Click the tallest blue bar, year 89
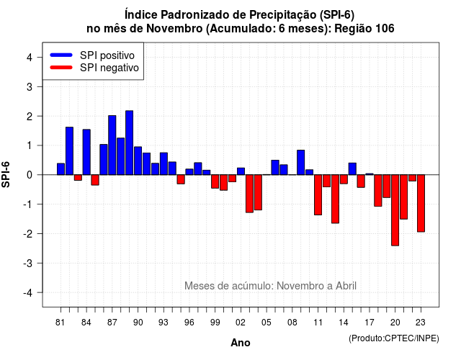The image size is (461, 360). point(130,143)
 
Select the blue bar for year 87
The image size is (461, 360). point(112,145)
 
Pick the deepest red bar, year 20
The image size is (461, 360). point(395,210)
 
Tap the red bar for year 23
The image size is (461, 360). point(421,203)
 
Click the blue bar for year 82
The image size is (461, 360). point(69,151)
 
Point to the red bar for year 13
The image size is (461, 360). point(335,199)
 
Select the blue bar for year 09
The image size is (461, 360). point(301,163)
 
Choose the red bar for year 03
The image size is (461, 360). point(249,194)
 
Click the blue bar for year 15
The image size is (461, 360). point(352,169)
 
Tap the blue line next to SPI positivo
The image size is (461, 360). point(61,55)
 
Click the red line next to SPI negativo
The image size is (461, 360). point(61,68)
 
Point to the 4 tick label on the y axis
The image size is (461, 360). point(30,58)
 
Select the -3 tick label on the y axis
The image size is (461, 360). point(27,263)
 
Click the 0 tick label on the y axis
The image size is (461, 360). point(30,175)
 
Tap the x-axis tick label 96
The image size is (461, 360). point(189,323)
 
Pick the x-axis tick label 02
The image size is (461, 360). point(241,323)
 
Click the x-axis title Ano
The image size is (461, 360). point(241,343)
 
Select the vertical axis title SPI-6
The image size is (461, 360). point(6,174)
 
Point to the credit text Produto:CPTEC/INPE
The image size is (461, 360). point(394,338)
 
